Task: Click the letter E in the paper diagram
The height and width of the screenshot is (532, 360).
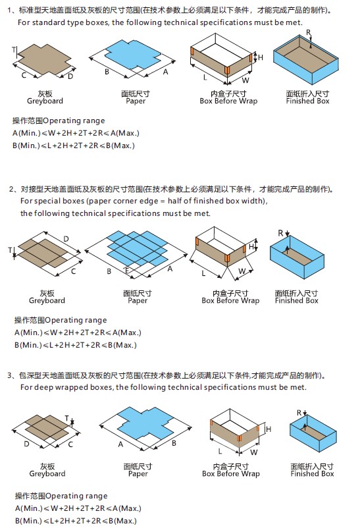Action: (x=128, y=270)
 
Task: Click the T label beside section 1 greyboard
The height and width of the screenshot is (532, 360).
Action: (x=13, y=50)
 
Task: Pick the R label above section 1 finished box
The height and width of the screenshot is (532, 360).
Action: (x=309, y=32)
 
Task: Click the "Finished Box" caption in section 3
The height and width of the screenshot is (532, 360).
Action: (x=312, y=473)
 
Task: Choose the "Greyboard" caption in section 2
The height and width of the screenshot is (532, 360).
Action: (x=47, y=300)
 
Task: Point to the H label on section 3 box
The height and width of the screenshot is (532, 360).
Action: (x=268, y=429)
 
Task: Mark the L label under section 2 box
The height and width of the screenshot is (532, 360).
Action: (x=203, y=272)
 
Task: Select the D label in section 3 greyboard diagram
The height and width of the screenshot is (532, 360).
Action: (x=26, y=444)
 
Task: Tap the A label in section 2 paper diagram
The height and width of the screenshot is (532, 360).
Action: (x=170, y=269)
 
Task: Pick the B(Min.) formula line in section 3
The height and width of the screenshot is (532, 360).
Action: (x=75, y=521)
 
